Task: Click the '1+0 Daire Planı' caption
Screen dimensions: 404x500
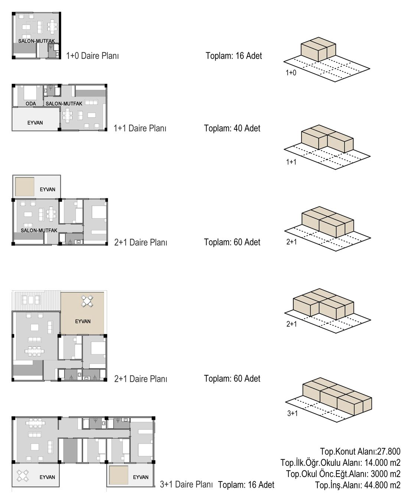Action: click(x=92, y=56)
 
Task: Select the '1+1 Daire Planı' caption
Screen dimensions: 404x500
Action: click(x=140, y=128)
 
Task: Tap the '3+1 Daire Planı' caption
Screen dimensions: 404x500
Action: click(x=186, y=484)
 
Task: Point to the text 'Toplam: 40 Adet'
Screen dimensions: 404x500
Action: click(x=232, y=128)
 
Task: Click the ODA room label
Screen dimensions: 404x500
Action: click(x=31, y=104)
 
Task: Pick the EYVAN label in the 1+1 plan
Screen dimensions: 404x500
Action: click(x=35, y=123)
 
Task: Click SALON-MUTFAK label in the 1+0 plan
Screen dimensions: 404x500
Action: click(x=36, y=41)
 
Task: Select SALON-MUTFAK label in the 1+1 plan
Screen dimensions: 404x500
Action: click(x=64, y=104)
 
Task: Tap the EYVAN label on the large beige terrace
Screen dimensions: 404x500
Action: click(x=83, y=321)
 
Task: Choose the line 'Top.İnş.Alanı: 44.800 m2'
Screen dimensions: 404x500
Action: click(x=358, y=485)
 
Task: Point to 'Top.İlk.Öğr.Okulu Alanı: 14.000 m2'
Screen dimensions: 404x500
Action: click(x=341, y=463)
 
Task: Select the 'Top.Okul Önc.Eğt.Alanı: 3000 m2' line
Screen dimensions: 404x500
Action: click(x=343, y=474)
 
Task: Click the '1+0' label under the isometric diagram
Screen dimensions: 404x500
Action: click(x=291, y=73)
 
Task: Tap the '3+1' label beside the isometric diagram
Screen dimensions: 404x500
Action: click(x=293, y=413)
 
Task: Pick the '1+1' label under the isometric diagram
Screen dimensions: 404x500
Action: click(x=291, y=162)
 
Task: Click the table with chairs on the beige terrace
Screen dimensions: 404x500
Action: click(x=87, y=301)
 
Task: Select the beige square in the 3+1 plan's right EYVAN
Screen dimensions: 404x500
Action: click(x=118, y=475)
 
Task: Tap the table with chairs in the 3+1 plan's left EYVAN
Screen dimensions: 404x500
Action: click(x=23, y=476)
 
